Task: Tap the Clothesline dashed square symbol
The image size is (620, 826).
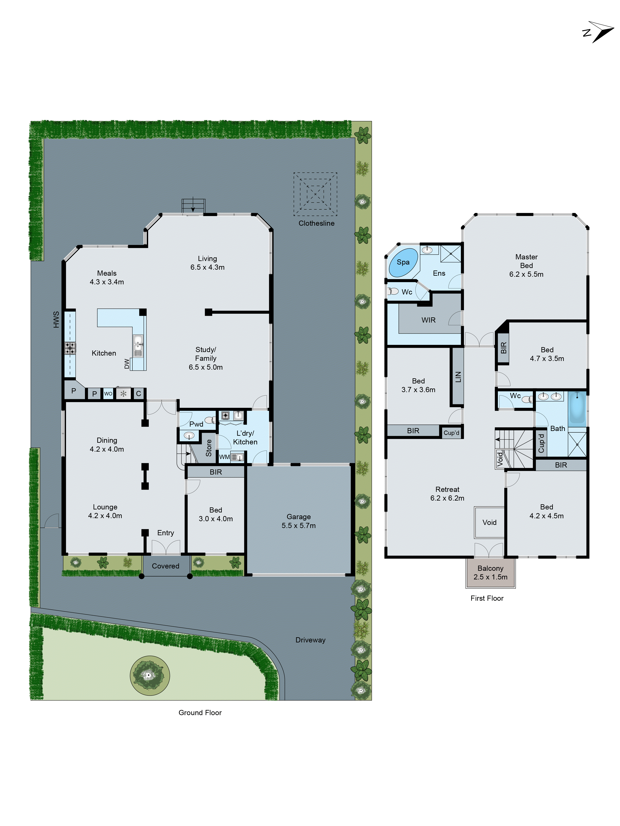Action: tap(315, 194)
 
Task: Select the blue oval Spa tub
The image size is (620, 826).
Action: tap(403, 262)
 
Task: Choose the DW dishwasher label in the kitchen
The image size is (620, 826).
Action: tap(127, 364)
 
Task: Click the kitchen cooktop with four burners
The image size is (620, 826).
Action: tap(70, 348)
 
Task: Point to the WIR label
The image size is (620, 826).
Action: tap(428, 320)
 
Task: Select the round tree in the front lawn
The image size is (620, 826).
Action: tap(149, 675)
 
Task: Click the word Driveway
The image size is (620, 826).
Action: tap(310, 640)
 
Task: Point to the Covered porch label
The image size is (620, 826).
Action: tap(166, 566)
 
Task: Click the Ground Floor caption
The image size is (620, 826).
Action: tap(200, 712)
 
